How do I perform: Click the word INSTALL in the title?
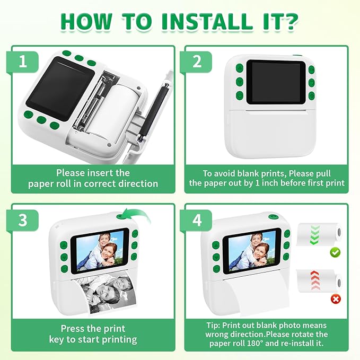pyautogui.click(x=207, y=22)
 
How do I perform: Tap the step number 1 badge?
pyautogui.click(x=22, y=62)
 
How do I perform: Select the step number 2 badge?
pyautogui.click(x=197, y=62)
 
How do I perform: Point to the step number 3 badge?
pyautogui.click(x=22, y=220)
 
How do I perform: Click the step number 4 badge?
pyautogui.click(x=197, y=220)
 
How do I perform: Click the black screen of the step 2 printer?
pyautogui.click(x=276, y=82)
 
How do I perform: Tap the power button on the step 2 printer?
pyautogui.click(x=240, y=95)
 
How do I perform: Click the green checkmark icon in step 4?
pyautogui.click(x=335, y=252)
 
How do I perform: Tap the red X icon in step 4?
pyautogui.click(x=336, y=299)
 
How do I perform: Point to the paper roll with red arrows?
pyautogui.click(x=320, y=281)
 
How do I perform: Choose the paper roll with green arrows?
pyautogui.click(x=320, y=234)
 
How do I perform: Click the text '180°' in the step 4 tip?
pyautogui.click(x=256, y=343)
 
